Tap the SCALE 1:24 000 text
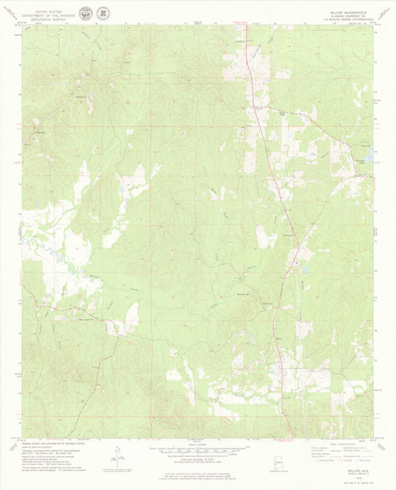tap(197, 445)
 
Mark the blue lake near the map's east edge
tap(366, 175)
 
